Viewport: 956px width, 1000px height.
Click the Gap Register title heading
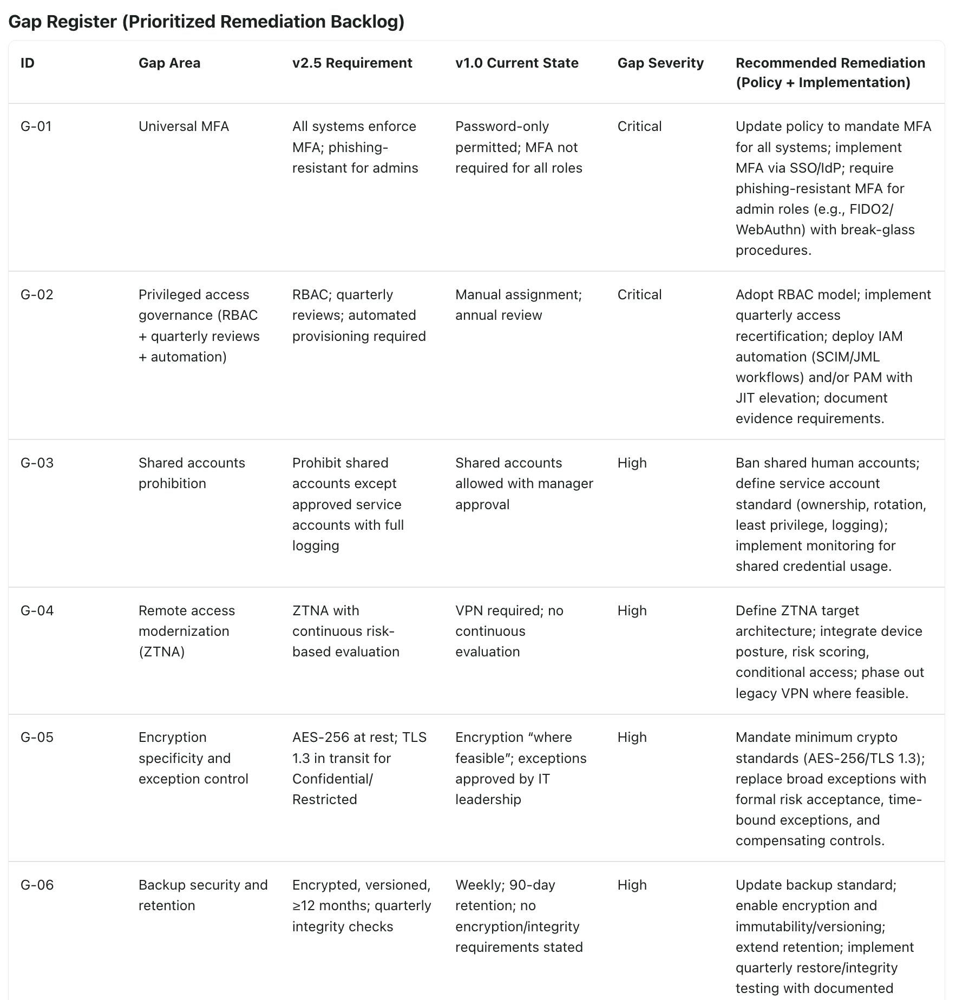pyautogui.click(x=206, y=22)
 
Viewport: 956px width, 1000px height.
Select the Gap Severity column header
pyautogui.click(x=660, y=63)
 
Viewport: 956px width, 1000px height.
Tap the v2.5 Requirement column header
pyautogui.click(x=352, y=63)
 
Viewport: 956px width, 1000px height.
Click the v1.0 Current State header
pyautogui.click(x=516, y=63)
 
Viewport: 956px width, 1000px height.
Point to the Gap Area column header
pyautogui.click(x=169, y=63)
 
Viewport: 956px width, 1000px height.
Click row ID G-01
pyautogui.click(x=36, y=126)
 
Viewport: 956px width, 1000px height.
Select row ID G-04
pyautogui.click(x=37, y=610)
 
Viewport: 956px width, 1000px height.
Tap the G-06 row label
pyautogui.click(x=37, y=885)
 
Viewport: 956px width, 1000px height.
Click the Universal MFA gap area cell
pyautogui.click(x=184, y=126)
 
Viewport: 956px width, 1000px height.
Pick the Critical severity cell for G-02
pyautogui.click(x=639, y=294)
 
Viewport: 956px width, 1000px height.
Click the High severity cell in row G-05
pyautogui.click(x=632, y=737)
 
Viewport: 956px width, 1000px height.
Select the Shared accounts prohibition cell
pyautogui.click(x=192, y=473)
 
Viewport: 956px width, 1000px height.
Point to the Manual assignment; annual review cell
pyautogui.click(x=518, y=305)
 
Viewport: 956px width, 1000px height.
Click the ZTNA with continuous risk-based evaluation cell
pyautogui.click(x=345, y=631)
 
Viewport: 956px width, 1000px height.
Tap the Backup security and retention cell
pyautogui.click(x=203, y=895)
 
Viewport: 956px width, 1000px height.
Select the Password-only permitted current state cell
pyautogui.click(x=518, y=147)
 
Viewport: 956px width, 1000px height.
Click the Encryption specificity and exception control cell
pyautogui.click(x=193, y=758)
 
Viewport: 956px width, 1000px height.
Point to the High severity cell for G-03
pyautogui.click(x=632, y=463)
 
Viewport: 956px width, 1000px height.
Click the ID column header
pyautogui.click(x=27, y=63)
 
